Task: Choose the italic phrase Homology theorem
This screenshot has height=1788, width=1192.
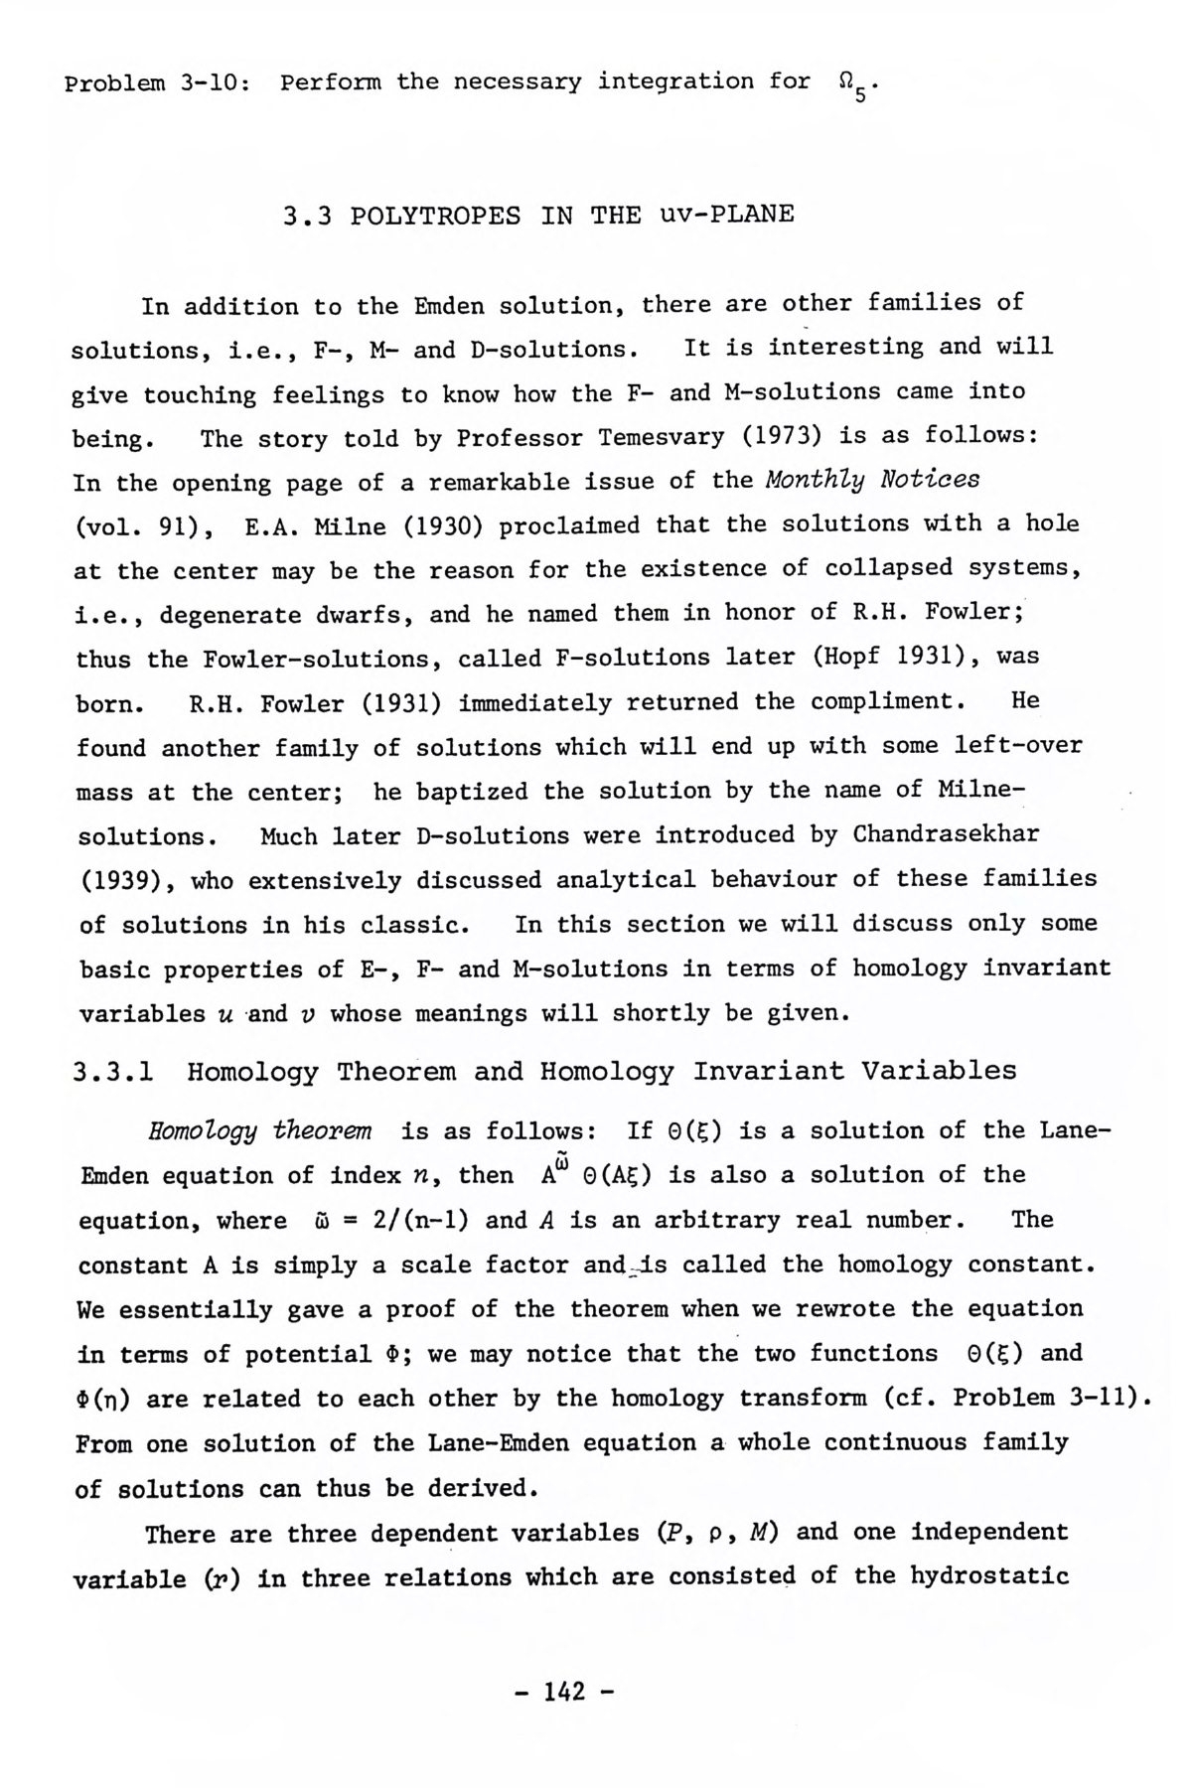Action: point(259,1130)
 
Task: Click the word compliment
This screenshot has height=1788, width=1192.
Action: point(888,701)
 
